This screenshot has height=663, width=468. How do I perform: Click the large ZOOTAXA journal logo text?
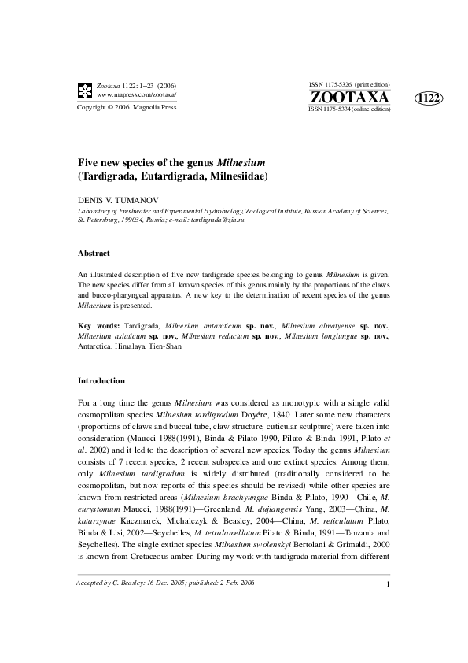coord(349,97)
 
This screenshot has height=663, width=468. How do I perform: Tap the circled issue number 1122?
coord(429,98)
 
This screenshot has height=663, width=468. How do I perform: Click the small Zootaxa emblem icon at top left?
coord(83,89)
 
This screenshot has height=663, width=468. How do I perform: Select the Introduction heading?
coord(101,380)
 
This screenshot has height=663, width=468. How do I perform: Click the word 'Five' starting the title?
coord(89,162)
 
